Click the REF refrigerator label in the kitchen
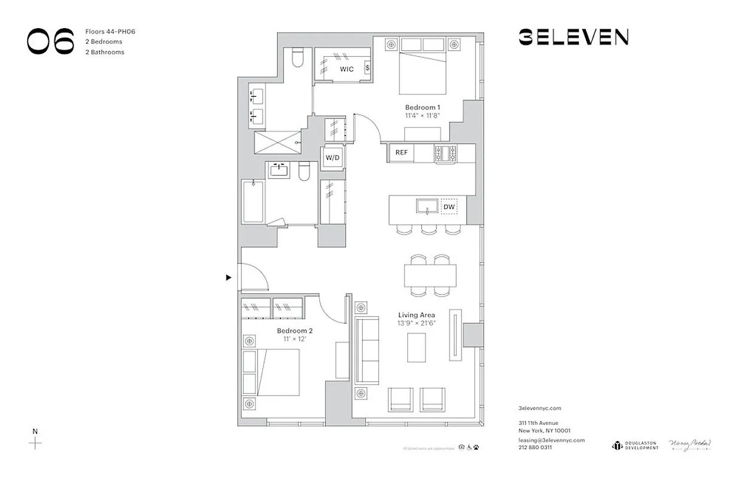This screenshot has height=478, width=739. (401, 152)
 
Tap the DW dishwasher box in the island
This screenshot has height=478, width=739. (449, 207)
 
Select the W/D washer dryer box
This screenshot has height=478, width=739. (332, 158)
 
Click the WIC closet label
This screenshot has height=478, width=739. (347, 69)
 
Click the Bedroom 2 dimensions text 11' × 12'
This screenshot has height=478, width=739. (294, 339)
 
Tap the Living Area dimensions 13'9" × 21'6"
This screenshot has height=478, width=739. (417, 323)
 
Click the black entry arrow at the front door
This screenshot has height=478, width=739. (228, 277)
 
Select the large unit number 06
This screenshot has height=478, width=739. (51, 41)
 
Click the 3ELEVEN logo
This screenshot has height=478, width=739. (573, 38)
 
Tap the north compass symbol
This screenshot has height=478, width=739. (35, 443)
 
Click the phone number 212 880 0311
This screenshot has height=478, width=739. (535, 447)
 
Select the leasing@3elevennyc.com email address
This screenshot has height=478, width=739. (551, 440)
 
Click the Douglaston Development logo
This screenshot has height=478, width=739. (634, 445)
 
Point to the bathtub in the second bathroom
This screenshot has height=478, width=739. (253, 201)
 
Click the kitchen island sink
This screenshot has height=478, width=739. (428, 207)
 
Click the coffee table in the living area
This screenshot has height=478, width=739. (417, 347)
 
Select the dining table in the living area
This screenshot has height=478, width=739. (430, 275)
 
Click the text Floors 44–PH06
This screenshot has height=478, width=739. (111, 31)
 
